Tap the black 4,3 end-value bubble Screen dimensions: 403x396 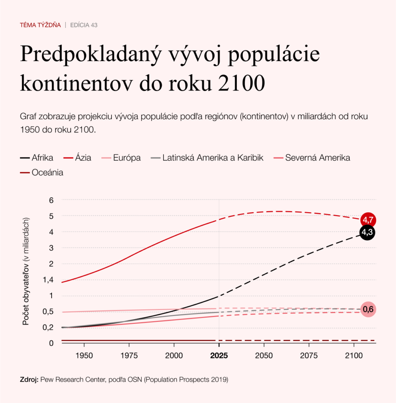click(x=367, y=232)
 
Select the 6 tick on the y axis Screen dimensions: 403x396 click(x=51, y=200)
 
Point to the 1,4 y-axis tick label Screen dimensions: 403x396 click(x=48, y=280)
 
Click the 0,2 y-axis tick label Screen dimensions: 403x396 click(x=48, y=327)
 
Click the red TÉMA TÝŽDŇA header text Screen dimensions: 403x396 click(x=40, y=25)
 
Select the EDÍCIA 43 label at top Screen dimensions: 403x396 click(x=84, y=25)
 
